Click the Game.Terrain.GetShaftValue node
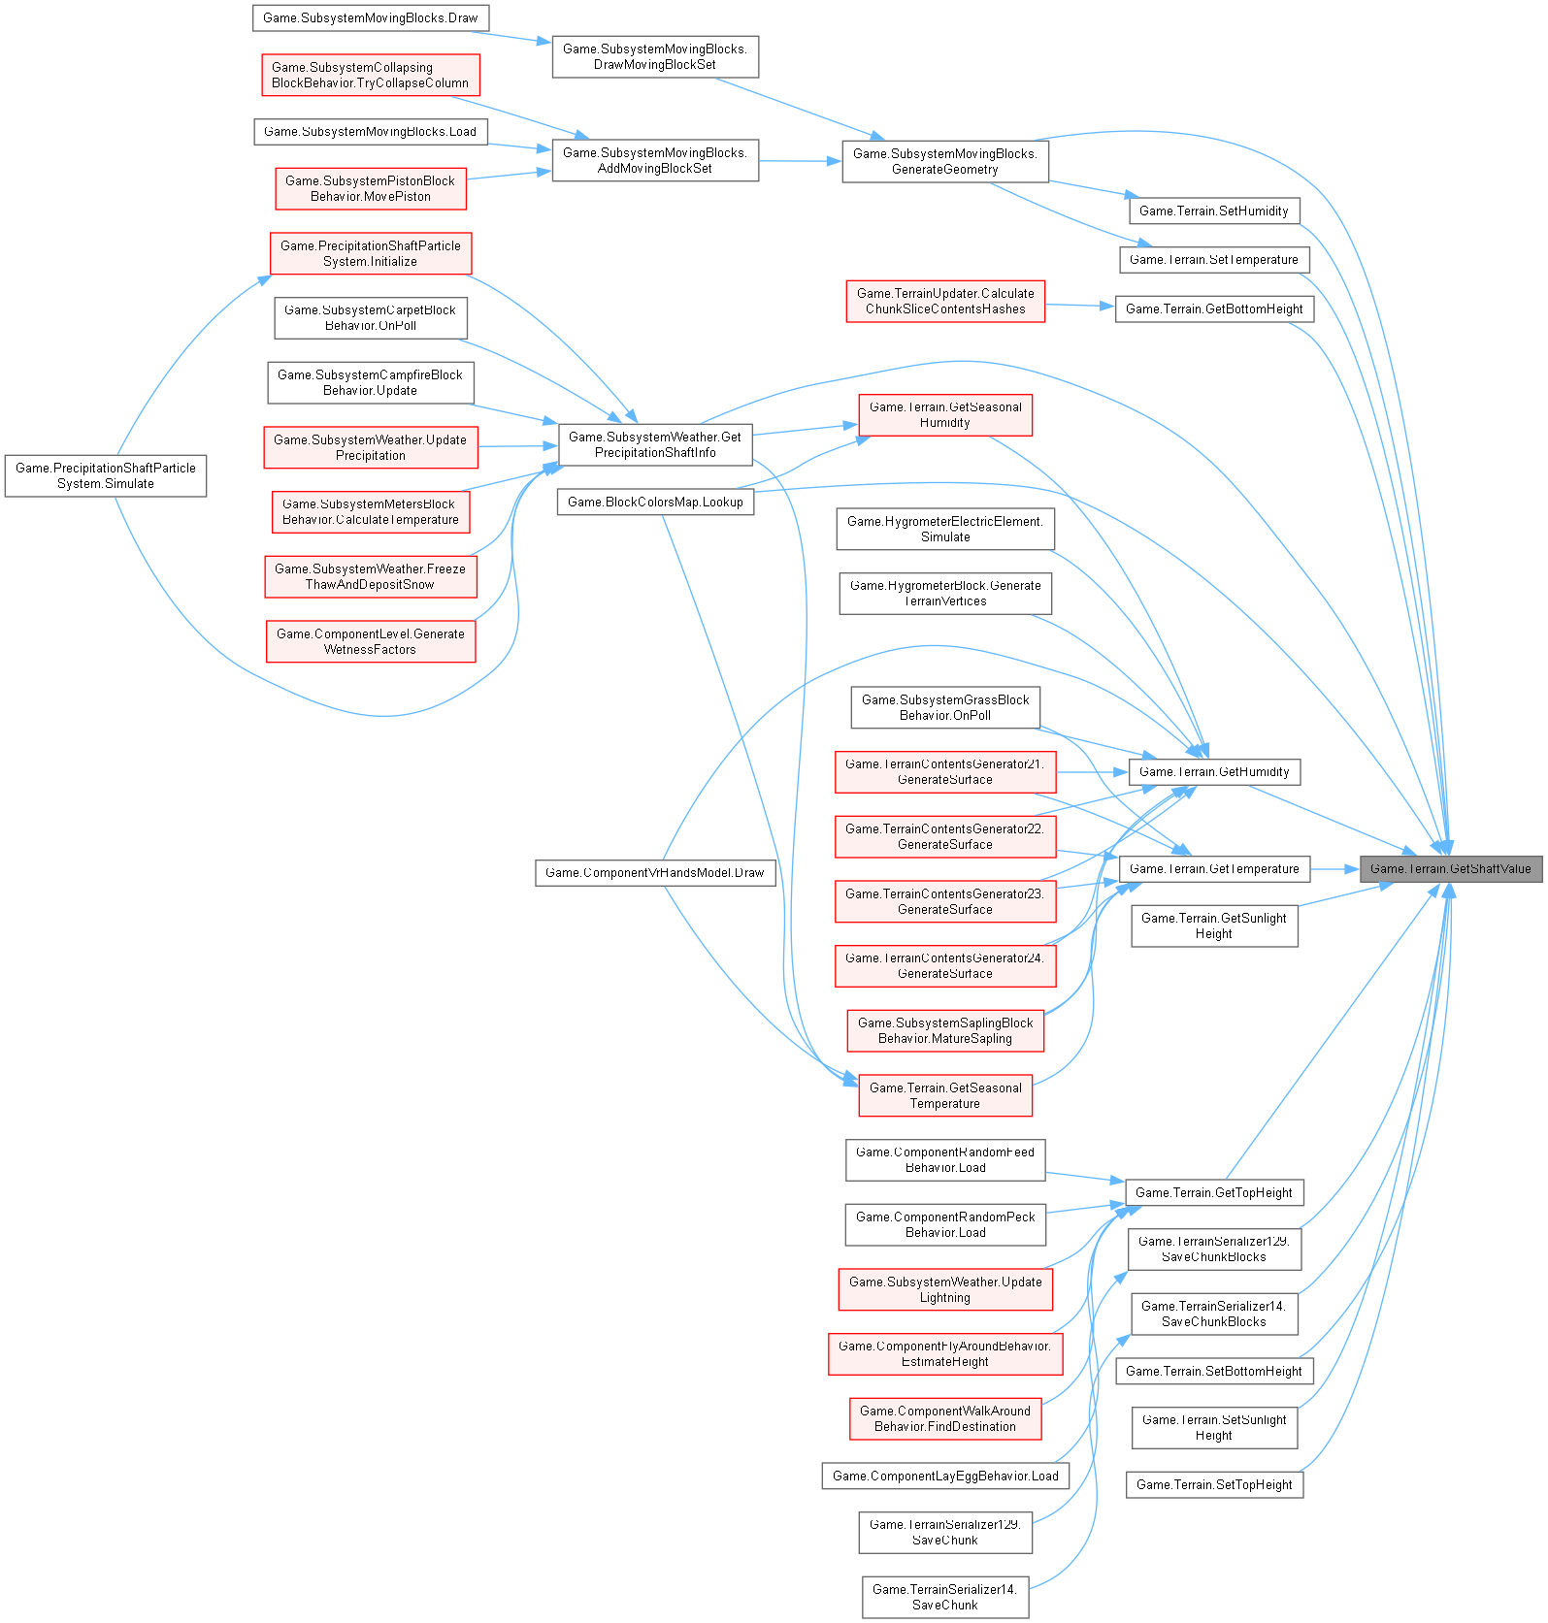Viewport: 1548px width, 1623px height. click(x=1450, y=869)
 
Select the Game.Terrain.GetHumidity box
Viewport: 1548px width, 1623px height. click(x=1213, y=772)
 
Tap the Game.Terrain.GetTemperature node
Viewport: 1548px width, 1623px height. click(x=1213, y=869)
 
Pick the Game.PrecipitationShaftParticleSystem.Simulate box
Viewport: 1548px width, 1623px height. click(x=105, y=475)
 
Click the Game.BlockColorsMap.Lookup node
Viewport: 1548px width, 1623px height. click(x=655, y=502)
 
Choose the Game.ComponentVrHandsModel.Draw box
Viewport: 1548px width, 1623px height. click(x=655, y=873)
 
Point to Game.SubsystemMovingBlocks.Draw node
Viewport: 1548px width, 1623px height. click(x=370, y=18)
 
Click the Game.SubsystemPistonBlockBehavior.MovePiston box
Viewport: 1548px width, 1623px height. click(x=370, y=188)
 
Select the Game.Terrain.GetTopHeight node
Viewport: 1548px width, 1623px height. click(x=1213, y=1193)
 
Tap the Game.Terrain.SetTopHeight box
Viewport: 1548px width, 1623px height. click(x=1213, y=1485)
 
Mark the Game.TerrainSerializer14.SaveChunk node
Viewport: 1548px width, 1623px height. click(x=944, y=1597)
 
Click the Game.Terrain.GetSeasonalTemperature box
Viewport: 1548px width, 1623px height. click(x=944, y=1095)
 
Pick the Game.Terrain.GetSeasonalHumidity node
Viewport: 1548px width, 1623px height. click(x=944, y=414)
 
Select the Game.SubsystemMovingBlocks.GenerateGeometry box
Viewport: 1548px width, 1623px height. click(x=944, y=161)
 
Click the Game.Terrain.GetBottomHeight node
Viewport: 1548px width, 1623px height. click(x=1213, y=309)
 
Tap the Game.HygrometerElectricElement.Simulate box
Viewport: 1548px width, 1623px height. click(x=944, y=529)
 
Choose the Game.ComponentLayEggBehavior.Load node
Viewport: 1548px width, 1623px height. click(x=944, y=1477)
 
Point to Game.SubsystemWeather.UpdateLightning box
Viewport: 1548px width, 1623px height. click(x=944, y=1289)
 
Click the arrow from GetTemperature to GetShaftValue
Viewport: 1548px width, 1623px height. click(x=1334, y=869)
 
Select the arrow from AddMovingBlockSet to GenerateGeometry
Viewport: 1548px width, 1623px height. click(x=800, y=161)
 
